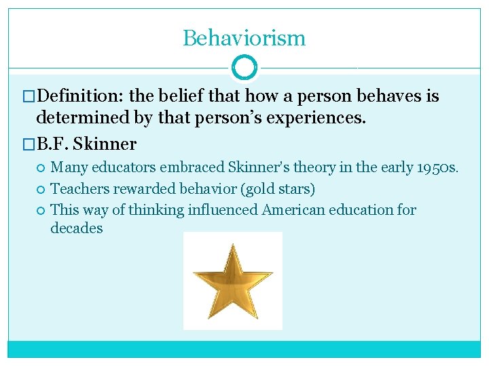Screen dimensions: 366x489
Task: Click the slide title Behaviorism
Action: pyautogui.click(x=244, y=38)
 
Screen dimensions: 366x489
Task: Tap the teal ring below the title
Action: pyautogui.click(x=244, y=68)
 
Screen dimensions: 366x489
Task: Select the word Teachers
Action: pyautogui.click(x=80, y=188)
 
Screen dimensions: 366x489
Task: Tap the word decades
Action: pyautogui.click(x=77, y=228)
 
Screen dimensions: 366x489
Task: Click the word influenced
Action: pyautogui.click(x=221, y=210)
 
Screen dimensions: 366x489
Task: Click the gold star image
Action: pyautogui.click(x=232, y=281)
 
